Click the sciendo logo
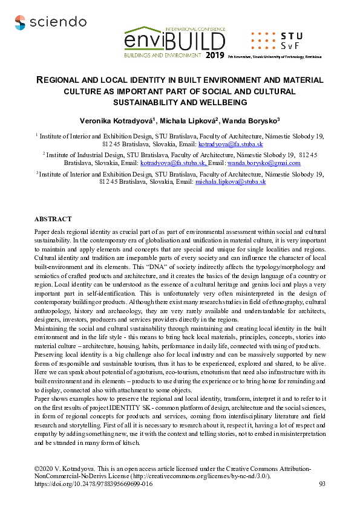[x=50, y=23]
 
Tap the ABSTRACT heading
[x=53, y=219]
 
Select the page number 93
[x=322, y=484]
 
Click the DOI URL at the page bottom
[x=94, y=484]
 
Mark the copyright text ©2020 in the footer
[x=44, y=469]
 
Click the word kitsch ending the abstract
[x=152, y=443]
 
